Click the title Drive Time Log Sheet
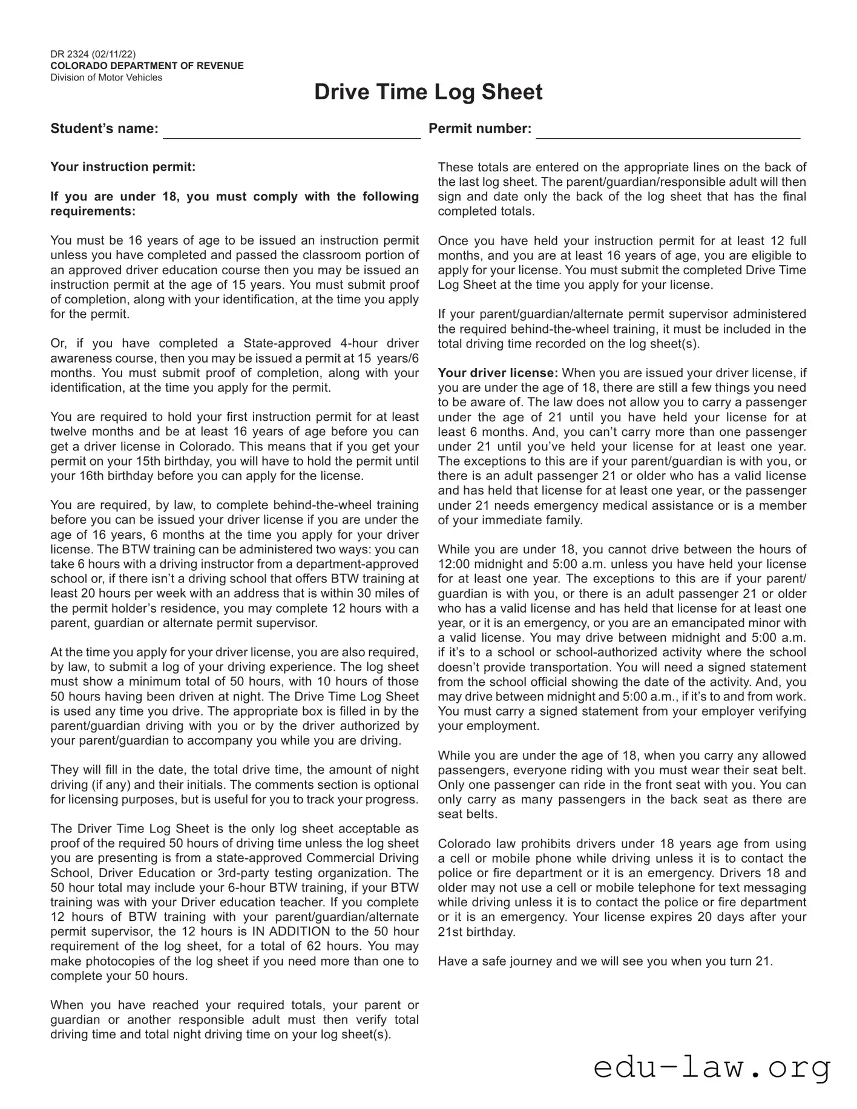click(428, 92)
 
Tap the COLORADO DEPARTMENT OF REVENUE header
click(147, 66)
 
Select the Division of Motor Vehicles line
click(107, 77)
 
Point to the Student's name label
click(104, 128)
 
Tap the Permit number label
click(480, 128)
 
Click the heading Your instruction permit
click(123, 166)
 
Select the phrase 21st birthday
click(476, 932)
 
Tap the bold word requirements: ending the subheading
click(93, 211)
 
